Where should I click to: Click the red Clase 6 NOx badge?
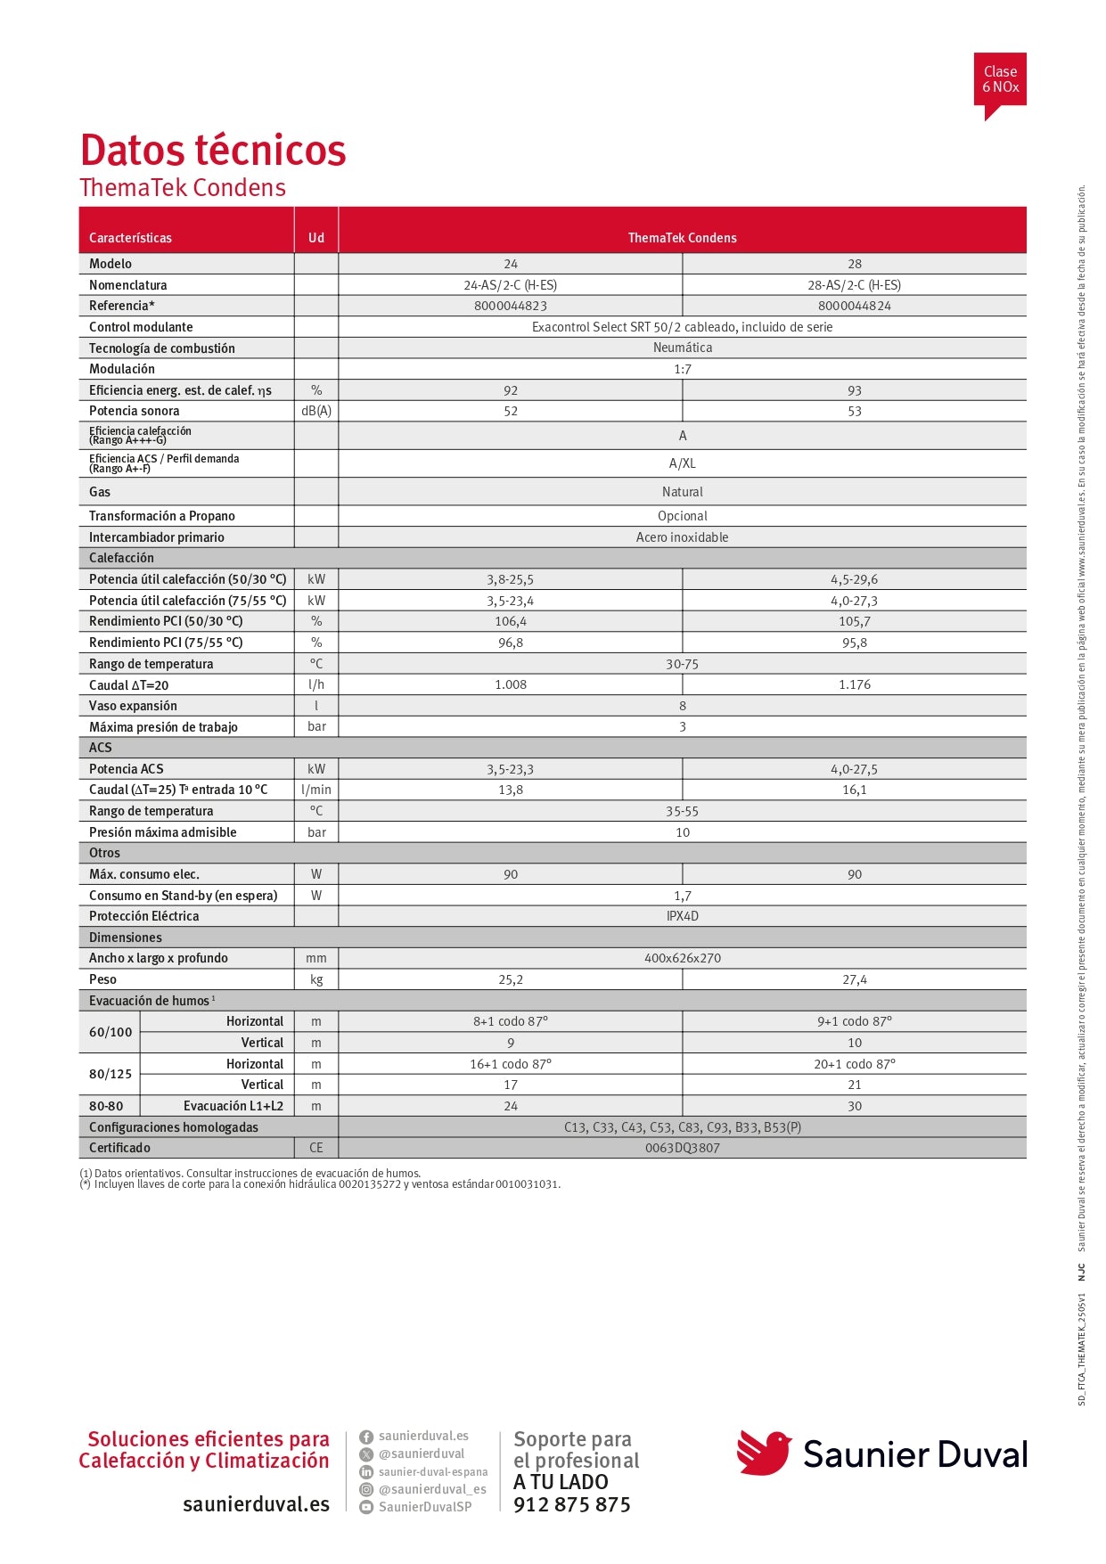click(x=1000, y=80)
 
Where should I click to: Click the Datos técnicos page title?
click(x=213, y=150)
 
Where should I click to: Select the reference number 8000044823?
click(x=510, y=306)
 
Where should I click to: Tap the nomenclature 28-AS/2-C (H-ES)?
click(x=854, y=285)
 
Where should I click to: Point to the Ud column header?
click(x=316, y=238)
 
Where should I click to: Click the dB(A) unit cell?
click(x=316, y=411)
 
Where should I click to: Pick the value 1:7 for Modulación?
click(x=682, y=369)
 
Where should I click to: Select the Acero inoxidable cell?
click(x=682, y=537)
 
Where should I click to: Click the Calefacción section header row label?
click(x=121, y=558)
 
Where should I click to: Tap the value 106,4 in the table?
click(x=510, y=621)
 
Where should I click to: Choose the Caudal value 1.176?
click(x=854, y=684)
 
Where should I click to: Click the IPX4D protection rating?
click(x=682, y=916)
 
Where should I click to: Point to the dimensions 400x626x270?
click(x=682, y=958)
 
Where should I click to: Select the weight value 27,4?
click(x=854, y=979)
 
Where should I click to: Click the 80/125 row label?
click(x=111, y=1074)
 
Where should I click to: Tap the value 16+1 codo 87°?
click(x=510, y=1064)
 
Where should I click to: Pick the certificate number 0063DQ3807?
click(x=682, y=1148)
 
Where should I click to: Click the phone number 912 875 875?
click(x=571, y=1504)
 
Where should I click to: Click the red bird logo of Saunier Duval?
click(x=764, y=1453)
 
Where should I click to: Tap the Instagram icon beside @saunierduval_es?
click(x=366, y=1489)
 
